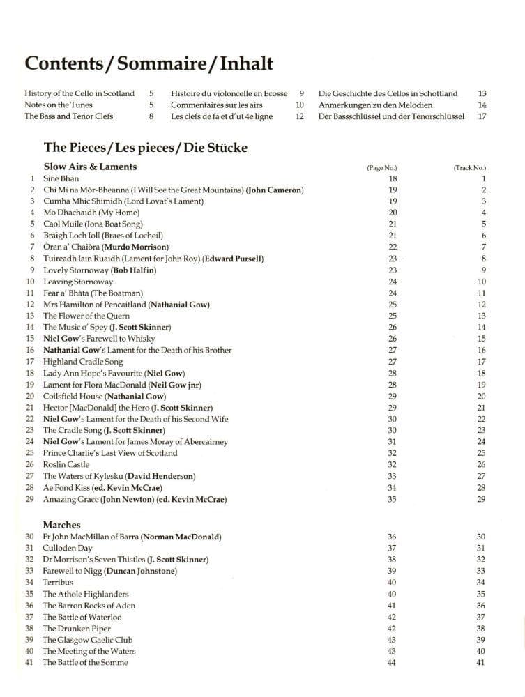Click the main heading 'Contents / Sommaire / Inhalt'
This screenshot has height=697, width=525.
[x=149, y=63]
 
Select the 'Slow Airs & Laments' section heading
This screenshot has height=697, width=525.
[x=90, y=167]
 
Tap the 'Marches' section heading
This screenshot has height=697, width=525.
[x=61, y=525]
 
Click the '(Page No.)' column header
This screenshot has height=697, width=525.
[x=381, y=168]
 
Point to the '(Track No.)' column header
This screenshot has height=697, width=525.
[x=469, y=168]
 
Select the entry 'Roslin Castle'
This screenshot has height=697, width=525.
[x=66, y=464]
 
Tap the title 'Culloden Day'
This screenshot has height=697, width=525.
[x=67, y=548]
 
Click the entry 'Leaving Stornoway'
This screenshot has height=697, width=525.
[x=77, y=282]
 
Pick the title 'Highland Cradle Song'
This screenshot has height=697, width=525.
[x=83, y=362]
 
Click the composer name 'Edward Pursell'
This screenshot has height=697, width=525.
[x=233, y=259]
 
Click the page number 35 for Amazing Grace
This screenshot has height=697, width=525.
[x=393, y=499]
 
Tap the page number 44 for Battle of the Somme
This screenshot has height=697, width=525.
[x=391, y=663]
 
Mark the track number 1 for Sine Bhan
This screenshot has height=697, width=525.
[x=482, y=178]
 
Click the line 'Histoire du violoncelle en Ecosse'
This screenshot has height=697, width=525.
[x=229, y=93]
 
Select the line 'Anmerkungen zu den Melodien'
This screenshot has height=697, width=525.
[x=375, y=105]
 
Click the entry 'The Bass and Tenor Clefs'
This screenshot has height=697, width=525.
[x=68, y=116]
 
